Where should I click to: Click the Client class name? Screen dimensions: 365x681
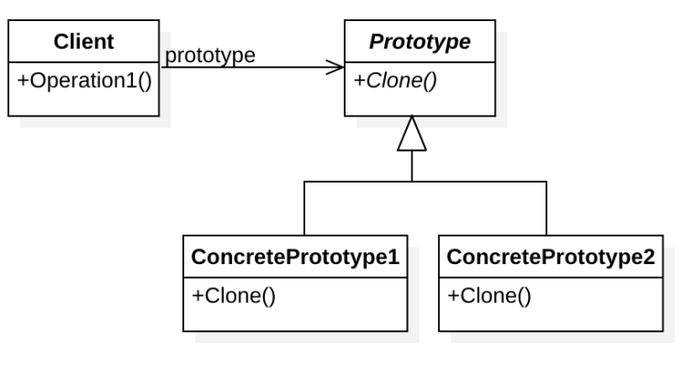click(x=83, y=42)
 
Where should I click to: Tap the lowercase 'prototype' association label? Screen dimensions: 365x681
click(x=209, y=55)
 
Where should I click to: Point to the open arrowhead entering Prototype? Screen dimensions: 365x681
click(x=336, y=67)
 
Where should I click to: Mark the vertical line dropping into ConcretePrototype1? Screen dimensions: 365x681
click(x=303, y=209)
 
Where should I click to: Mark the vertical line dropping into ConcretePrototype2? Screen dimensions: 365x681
click(x=546, y=209)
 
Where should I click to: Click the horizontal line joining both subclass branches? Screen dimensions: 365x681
click(x=424, y=182)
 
